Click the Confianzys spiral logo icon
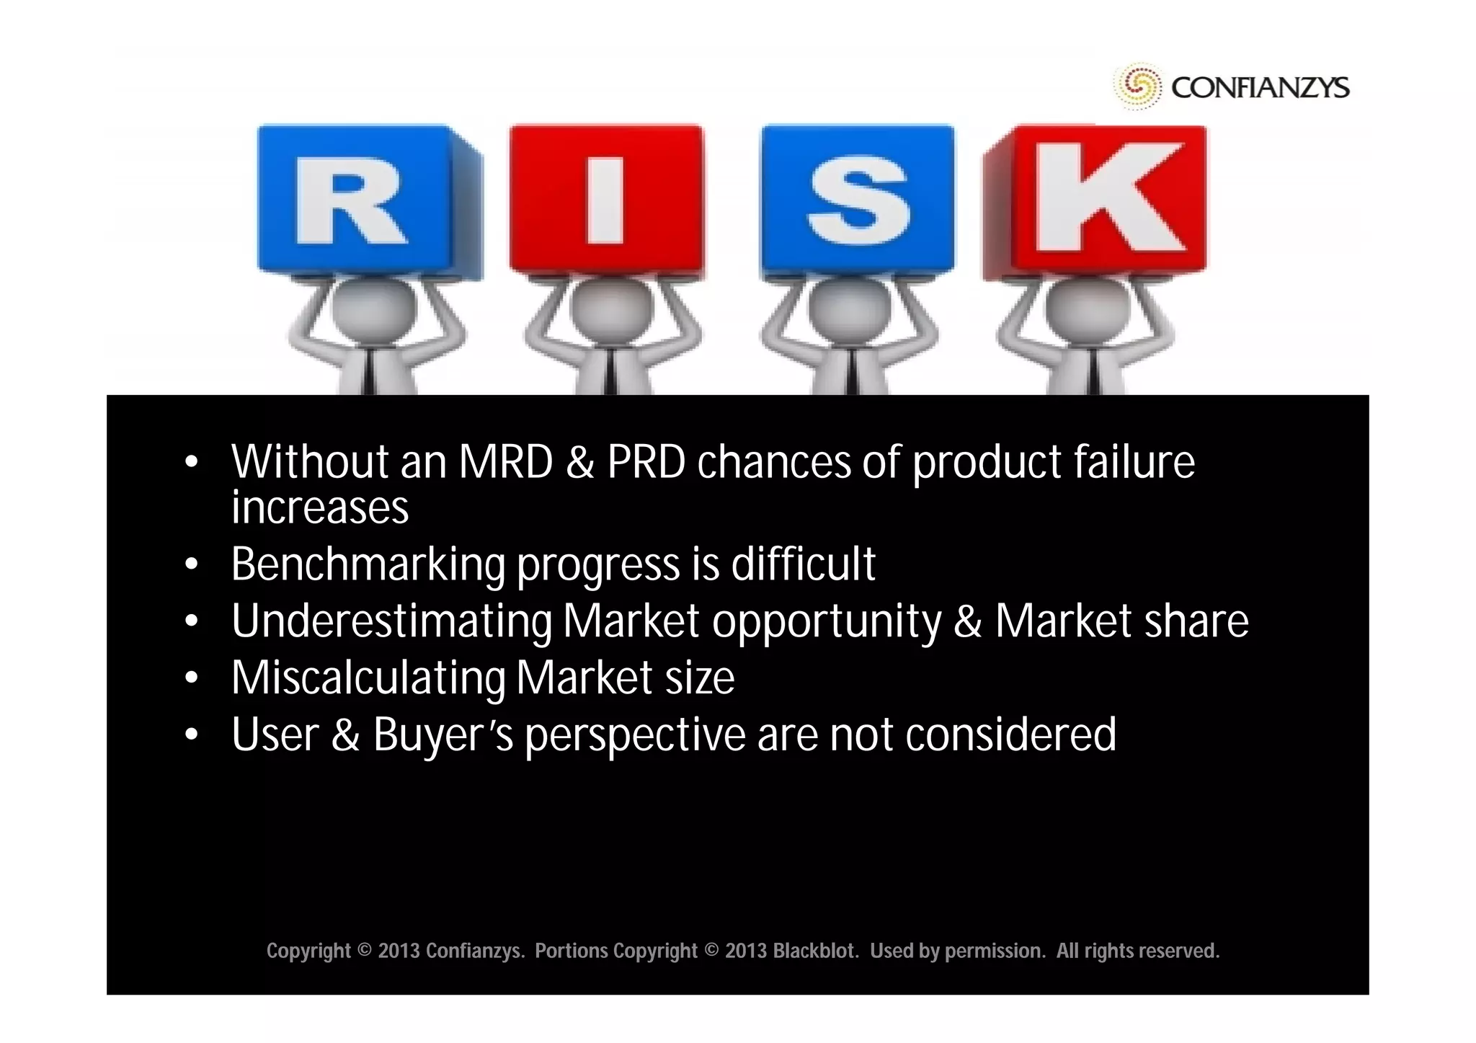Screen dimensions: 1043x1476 pos(1138,86)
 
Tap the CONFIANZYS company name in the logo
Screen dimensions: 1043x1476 pos(1260,88)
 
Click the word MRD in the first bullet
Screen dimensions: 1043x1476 pos(505,462)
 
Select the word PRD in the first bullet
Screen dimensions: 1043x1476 pos(646,462)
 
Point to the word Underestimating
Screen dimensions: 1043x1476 pos(391,621)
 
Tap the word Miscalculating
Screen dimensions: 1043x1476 pos(368,678)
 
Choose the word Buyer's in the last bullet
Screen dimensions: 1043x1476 pos(443,736)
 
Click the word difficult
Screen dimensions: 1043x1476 pos(803,564)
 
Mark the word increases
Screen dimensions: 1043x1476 pos(319,508)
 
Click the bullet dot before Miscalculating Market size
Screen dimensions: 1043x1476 pos(191,678)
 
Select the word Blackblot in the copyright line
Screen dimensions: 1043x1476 pos(814,951)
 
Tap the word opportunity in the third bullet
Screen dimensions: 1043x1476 pos(827,621)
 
